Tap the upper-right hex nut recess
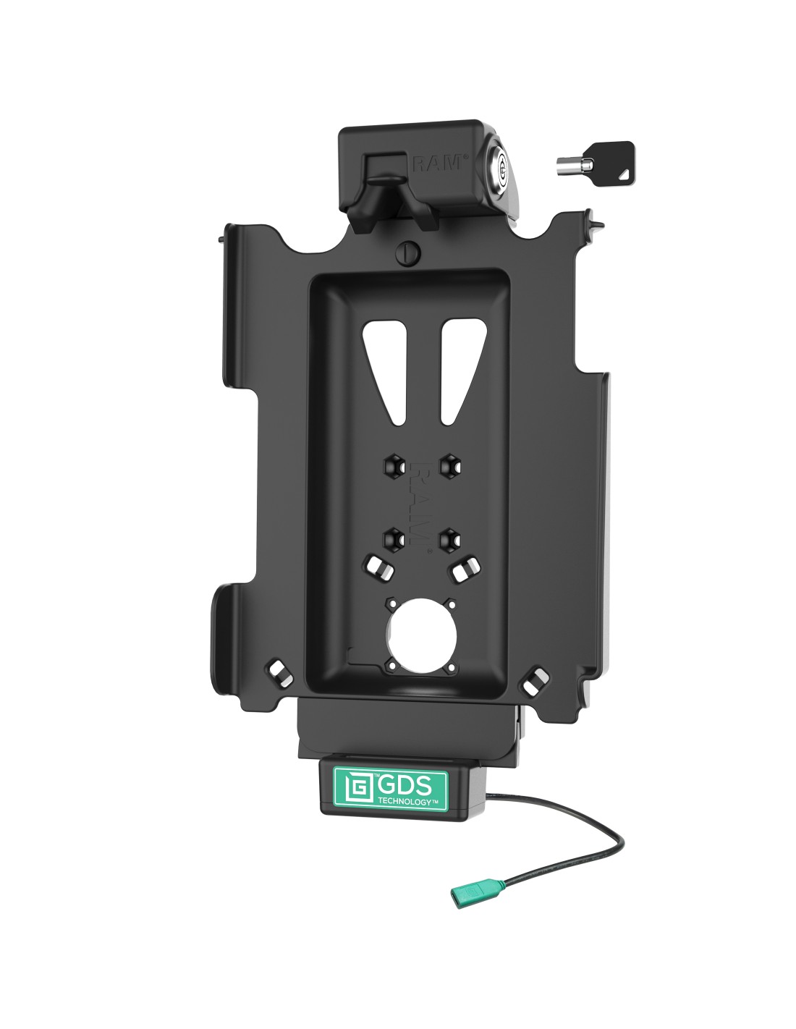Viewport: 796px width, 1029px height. [449, 466]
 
